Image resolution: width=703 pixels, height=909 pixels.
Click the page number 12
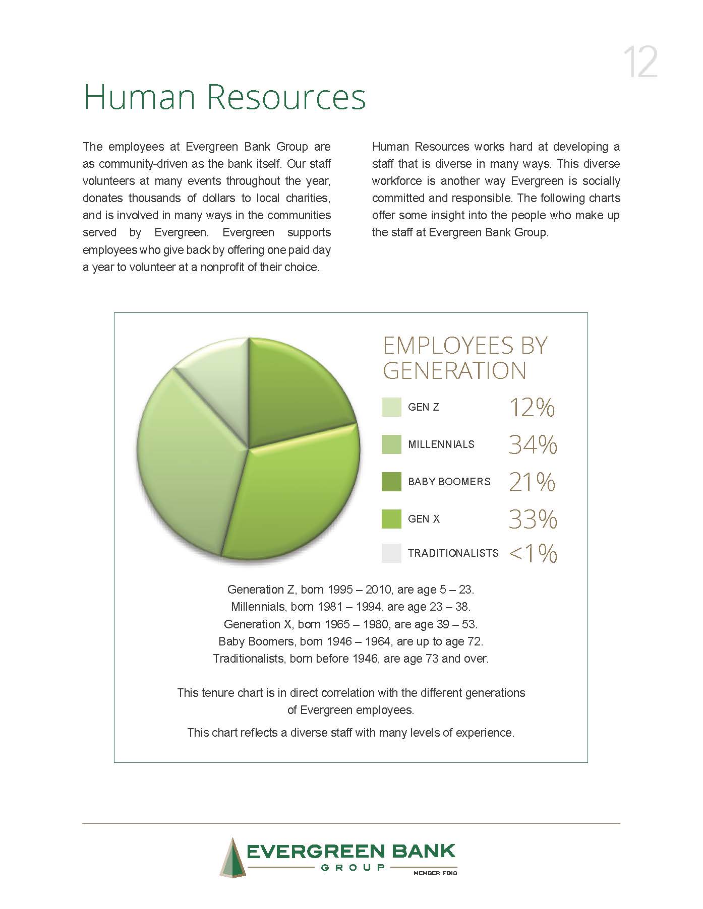pyautogui.click(x=640, y=62)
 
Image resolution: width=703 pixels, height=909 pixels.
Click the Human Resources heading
pyautogui.click(x=224, y=97)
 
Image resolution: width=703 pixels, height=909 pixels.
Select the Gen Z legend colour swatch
pyautogui.click(x=391, y=407)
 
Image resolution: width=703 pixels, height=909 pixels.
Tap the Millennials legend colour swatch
pyautogui.click(x=391, y=444)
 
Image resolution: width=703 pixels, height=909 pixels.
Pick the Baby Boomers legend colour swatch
pyautogui.click(x=391, y=482)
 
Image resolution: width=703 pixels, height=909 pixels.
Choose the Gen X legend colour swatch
pyautogui.click(x=391, y=519)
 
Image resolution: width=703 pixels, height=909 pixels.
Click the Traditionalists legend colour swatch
pyautogui.click(x=391, y=553)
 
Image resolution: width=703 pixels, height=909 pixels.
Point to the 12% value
pyautogui.click(x=532, y=407)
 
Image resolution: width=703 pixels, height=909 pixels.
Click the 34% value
pyautogui.click(x=533, y=444)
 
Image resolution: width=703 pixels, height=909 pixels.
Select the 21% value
pyautogui.click(x=532, y=482)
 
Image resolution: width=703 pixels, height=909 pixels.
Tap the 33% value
pyautogui.click(x=533, y=519)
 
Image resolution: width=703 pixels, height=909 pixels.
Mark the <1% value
pyautogui.click(x=533, y=553)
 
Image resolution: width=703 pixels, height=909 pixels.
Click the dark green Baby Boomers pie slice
pyautogui.click(x=292, y=393)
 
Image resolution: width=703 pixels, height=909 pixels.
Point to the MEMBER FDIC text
pyautogui.click(x=435, y=873)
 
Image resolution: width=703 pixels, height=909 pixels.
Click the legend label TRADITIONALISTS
pyautogui.click(x=453, y=553)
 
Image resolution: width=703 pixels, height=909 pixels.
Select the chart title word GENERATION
pyautogui.click(x=454, y=371)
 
